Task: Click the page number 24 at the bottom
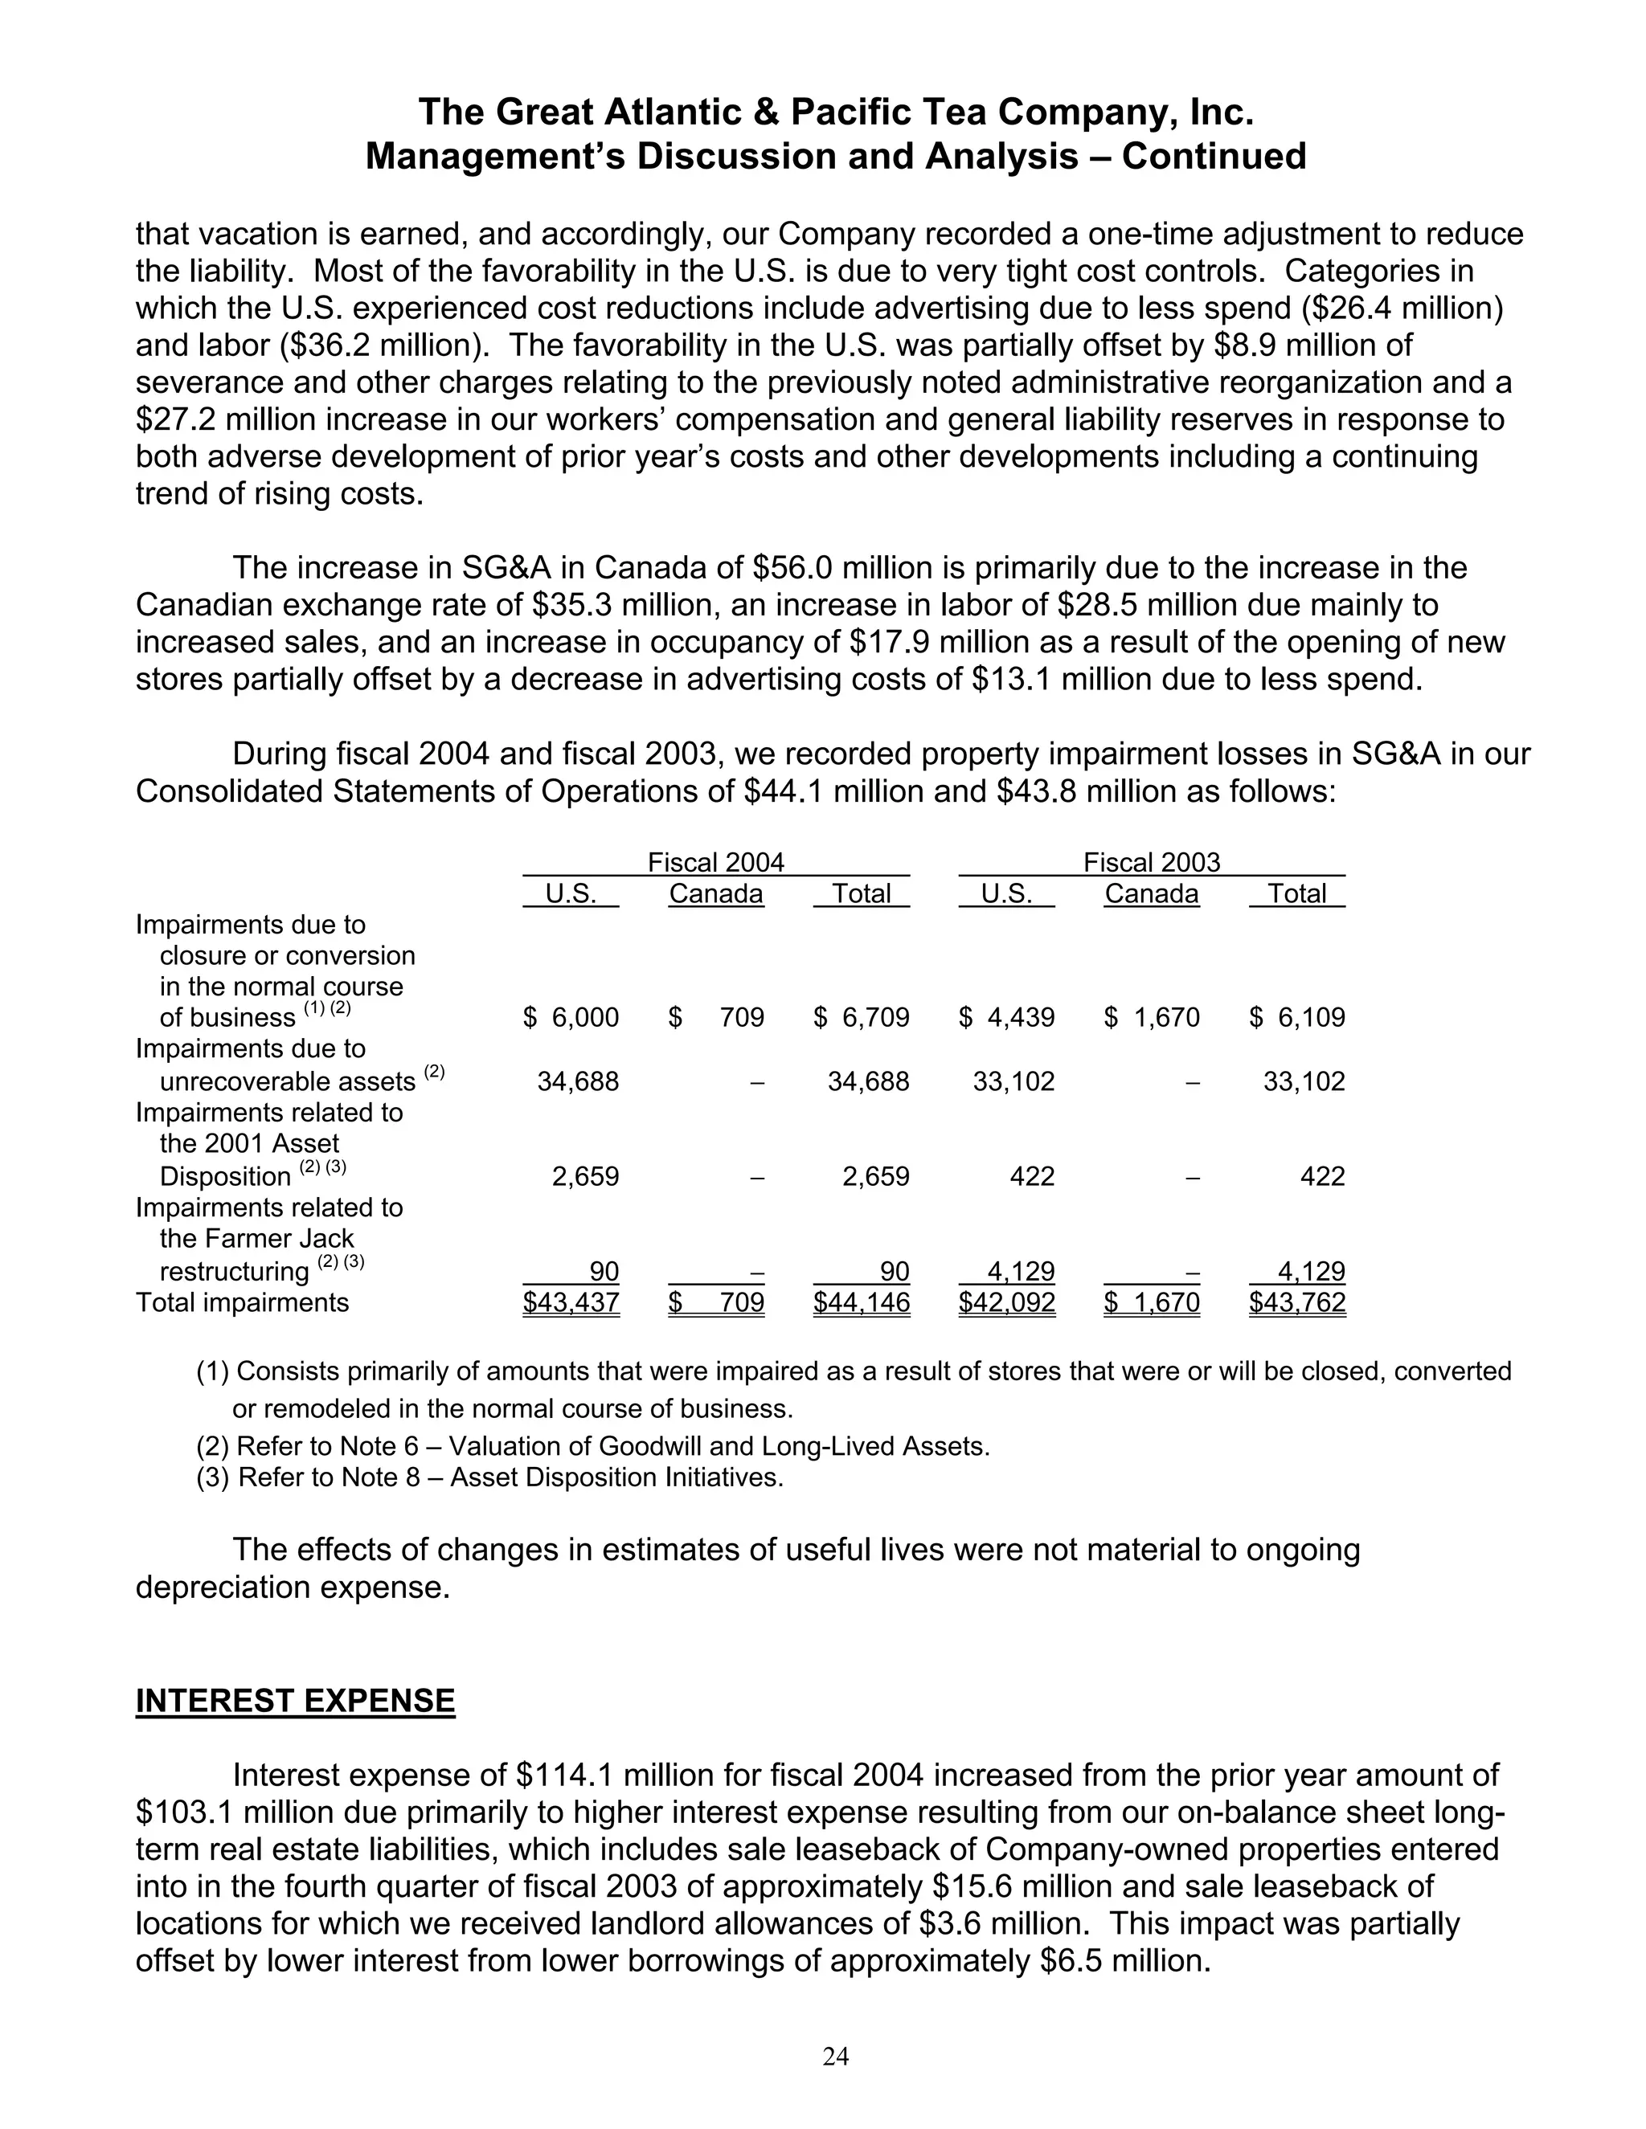pyautogui.click(x=836, y=2056)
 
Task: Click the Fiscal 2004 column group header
pyautogui.click(x=716, y=862)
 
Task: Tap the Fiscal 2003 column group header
pyautogui.click(x=1152, y=862)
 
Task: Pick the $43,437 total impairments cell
pyautogui.click(x=571, y=1302)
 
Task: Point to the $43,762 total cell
pyautogui.click(x=1297, y=1302)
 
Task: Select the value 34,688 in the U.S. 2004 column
pyautogui.click(x=578, y=1081)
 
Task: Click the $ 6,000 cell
pyautogui.click(x=571, y=1018)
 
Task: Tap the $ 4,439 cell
pyautogui.click(x=1006, y=1018)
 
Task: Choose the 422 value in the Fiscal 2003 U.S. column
pyautogui.click(x=1033, y=1177)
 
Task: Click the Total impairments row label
pyautogui.click(x=242, y=1302)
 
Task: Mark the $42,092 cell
pyautogui.click(x=1006, y=1302)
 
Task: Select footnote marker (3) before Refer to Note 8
pyautogui.click(x=214, y=1477)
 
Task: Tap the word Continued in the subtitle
pyautogui.click(x=1213, y=157)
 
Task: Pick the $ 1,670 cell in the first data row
pyautogui.click(x=1152, y=1018)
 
